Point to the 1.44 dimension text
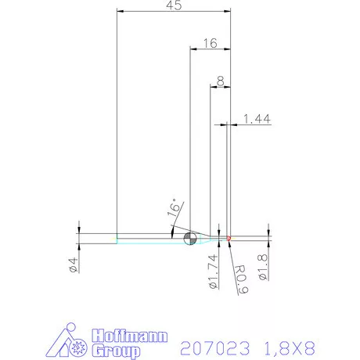pyautogui.click(x=257, y=118)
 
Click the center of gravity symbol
pyautogui.click(x=189, y=238)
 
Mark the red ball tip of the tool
pyautogui.click(x=229, y=238)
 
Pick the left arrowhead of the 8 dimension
pyautogui.click(x=213, y=86)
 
